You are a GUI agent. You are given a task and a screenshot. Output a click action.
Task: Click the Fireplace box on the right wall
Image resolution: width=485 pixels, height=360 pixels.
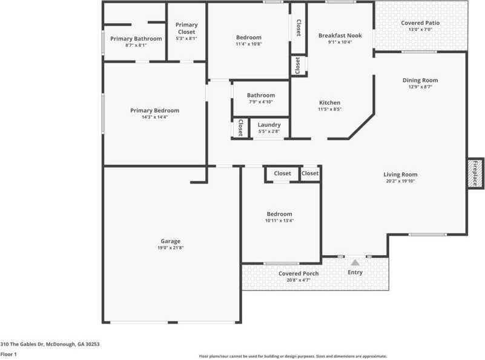[x=475, y=173]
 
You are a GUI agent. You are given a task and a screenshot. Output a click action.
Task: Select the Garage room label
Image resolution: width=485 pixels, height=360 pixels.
[x=170, y=241]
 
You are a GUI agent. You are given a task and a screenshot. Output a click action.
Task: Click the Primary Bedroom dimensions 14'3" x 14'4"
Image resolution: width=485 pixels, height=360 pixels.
[x=154, y=117]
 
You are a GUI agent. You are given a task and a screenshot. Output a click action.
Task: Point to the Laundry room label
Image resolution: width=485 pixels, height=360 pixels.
[x=269, y=125]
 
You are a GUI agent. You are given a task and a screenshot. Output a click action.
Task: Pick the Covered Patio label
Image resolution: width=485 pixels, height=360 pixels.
[x=420, y=23]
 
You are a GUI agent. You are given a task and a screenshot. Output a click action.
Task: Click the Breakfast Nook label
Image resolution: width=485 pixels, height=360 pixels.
[x=340, y=36]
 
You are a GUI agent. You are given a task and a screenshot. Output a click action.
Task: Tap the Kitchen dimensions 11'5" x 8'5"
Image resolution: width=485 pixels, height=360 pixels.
[x=329, y=110]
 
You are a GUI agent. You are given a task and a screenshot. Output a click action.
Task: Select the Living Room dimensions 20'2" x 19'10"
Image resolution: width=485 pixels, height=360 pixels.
[x=400, y=181]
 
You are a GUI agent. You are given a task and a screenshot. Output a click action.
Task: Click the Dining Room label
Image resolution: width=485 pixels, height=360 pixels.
[x=420, y=80]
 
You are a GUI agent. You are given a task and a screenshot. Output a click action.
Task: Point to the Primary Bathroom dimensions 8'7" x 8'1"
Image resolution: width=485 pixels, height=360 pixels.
[x=136, y=45]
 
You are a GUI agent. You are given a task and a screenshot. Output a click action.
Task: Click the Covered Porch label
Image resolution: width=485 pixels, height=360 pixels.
[x=298, y=273]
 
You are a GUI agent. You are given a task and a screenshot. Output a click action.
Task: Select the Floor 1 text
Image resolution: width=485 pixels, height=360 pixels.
[x=8, y=354]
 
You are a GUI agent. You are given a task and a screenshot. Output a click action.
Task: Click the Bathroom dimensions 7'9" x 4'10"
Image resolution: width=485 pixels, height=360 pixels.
[x=261, y=102]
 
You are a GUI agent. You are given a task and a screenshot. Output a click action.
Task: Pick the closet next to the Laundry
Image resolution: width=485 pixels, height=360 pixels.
[x=240, y=128]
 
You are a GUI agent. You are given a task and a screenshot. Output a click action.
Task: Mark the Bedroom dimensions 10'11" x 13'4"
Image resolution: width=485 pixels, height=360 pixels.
[x=279, y=221]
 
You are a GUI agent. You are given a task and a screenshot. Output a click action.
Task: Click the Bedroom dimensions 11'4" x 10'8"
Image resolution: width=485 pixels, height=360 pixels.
[x=248, y=44]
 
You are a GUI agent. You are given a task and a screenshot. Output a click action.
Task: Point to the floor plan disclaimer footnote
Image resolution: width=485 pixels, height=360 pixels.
[x=293, y=356]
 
